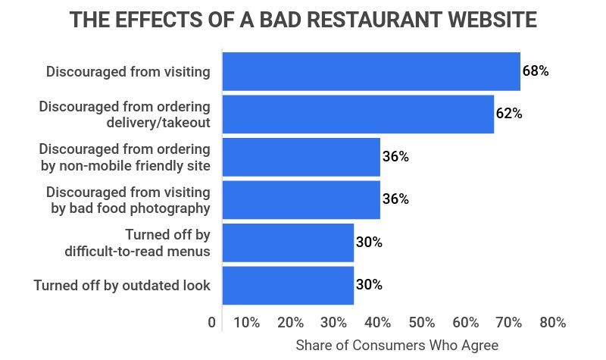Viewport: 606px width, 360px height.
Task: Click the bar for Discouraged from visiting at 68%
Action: (371, 71)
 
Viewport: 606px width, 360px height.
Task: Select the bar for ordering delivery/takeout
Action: (358, 114)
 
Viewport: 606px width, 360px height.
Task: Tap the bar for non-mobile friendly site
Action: (301, 157)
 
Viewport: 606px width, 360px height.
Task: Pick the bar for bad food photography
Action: (301, 199)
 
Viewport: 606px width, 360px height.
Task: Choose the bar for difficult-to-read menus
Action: (288, 243)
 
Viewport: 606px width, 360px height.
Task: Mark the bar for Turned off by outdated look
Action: (288, 285)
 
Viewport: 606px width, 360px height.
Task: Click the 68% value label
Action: (535, 71)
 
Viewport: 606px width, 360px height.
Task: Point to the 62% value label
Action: (509, 114)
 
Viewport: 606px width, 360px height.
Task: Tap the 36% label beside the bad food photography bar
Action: (395, 199)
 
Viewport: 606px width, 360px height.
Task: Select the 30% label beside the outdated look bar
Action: (369, 285)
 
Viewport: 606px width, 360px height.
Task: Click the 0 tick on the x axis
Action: (211, 323)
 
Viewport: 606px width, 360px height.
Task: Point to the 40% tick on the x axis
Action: (377, 323)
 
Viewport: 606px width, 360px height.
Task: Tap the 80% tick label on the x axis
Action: (552, 323)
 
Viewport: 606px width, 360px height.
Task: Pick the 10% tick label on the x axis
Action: (246, 323)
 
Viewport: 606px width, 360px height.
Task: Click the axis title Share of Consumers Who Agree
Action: (397, 345)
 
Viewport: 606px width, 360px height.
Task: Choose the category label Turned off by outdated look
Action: (122, 285)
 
